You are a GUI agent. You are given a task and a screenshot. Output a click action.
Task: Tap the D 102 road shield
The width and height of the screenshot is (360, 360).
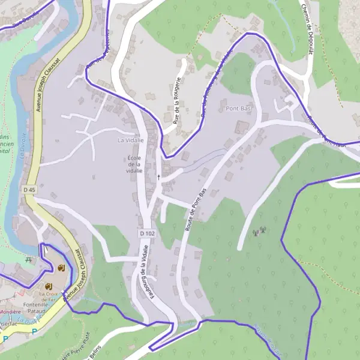click(x=146, y=233)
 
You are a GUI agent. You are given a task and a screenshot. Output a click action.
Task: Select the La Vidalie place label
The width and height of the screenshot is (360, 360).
click(x=130, y=140)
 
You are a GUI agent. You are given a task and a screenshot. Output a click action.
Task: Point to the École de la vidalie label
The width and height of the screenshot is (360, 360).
click(x=134, y=164)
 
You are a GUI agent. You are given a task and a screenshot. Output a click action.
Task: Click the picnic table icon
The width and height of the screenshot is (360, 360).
click(x=28, y=260)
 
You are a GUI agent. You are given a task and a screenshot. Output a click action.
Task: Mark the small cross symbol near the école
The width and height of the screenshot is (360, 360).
click(x=158, y=177)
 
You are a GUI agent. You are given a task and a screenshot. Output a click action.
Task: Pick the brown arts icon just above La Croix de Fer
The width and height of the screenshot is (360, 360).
click(x=50, y=286)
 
